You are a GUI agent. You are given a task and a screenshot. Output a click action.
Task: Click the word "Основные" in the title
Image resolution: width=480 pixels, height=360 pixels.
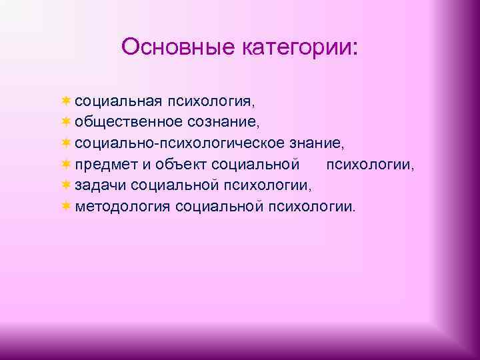tap(169, 47)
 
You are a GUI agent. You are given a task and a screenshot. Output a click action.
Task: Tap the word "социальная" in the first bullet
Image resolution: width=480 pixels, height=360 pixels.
tap(118, 101)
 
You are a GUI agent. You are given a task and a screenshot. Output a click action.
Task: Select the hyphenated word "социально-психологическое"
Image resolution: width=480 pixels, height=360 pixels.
tap(179, 143)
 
